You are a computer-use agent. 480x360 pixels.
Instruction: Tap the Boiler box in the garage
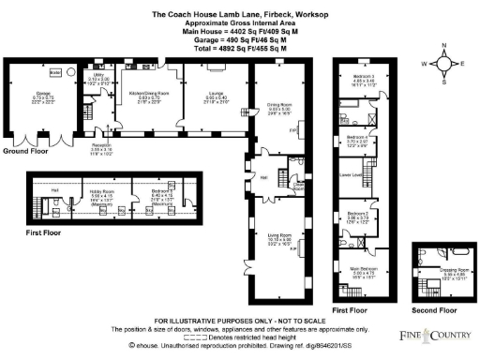click(x=55, y=72)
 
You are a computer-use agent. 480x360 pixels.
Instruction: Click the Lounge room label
click(x=220, y=94)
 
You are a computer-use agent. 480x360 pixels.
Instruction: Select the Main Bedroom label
click(x=362, y=270)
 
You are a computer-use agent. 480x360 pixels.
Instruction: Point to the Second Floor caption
click(x=435, y=308)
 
